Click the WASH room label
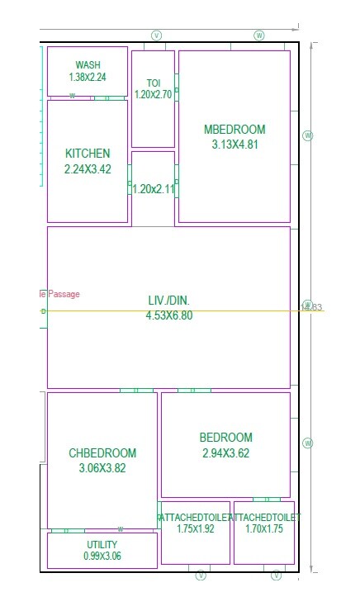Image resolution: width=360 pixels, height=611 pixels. pyautogui.click(x=88, y=65)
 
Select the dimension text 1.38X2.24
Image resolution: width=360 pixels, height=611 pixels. pyautogui.click(x=88, y=77)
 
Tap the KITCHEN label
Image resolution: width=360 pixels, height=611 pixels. pyautogui.click(x=88, y=154)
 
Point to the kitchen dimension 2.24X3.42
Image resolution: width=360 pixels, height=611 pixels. pyautogui.click(x=88, y=168)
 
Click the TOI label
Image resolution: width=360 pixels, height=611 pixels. pyautogui.click(x=153, y=83)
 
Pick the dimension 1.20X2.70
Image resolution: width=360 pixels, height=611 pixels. pyautogui.click(x=153, y=95)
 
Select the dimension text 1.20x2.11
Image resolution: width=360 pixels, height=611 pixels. pyautogui.click(x=154, y=188)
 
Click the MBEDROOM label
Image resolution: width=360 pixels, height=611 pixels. pyautogui.click(x=234, y=130)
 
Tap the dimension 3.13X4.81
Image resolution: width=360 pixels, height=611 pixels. pyautogui.click(x=234, y=144)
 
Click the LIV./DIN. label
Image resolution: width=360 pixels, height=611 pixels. pyautogui.click(x=168, y=301)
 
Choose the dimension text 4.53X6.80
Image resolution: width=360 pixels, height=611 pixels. pyautogui.click(x=168, y=315)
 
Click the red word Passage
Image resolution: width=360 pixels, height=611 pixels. pyautogui.click(x=64, y=294)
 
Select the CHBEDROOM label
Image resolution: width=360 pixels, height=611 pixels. pyautogui.click(x=102, y=453)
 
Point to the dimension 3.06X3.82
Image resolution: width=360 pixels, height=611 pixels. pyautogui.click(x=102, y=468)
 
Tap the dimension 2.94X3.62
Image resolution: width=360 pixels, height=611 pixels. pyautogui.click(x=225, y=453)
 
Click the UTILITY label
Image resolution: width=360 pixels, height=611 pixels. pyautogui.click(x=102, y=545)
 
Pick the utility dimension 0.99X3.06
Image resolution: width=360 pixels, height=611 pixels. pyautogui.click(x=102, y=557)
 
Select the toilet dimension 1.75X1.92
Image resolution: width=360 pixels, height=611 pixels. pyautogui.click(x=195, y=528)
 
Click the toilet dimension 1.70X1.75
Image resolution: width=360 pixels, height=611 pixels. pyautogui.click(x=264, y=528)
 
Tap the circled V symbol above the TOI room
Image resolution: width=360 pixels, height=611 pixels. pyautogui.click(x=156, y=36)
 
